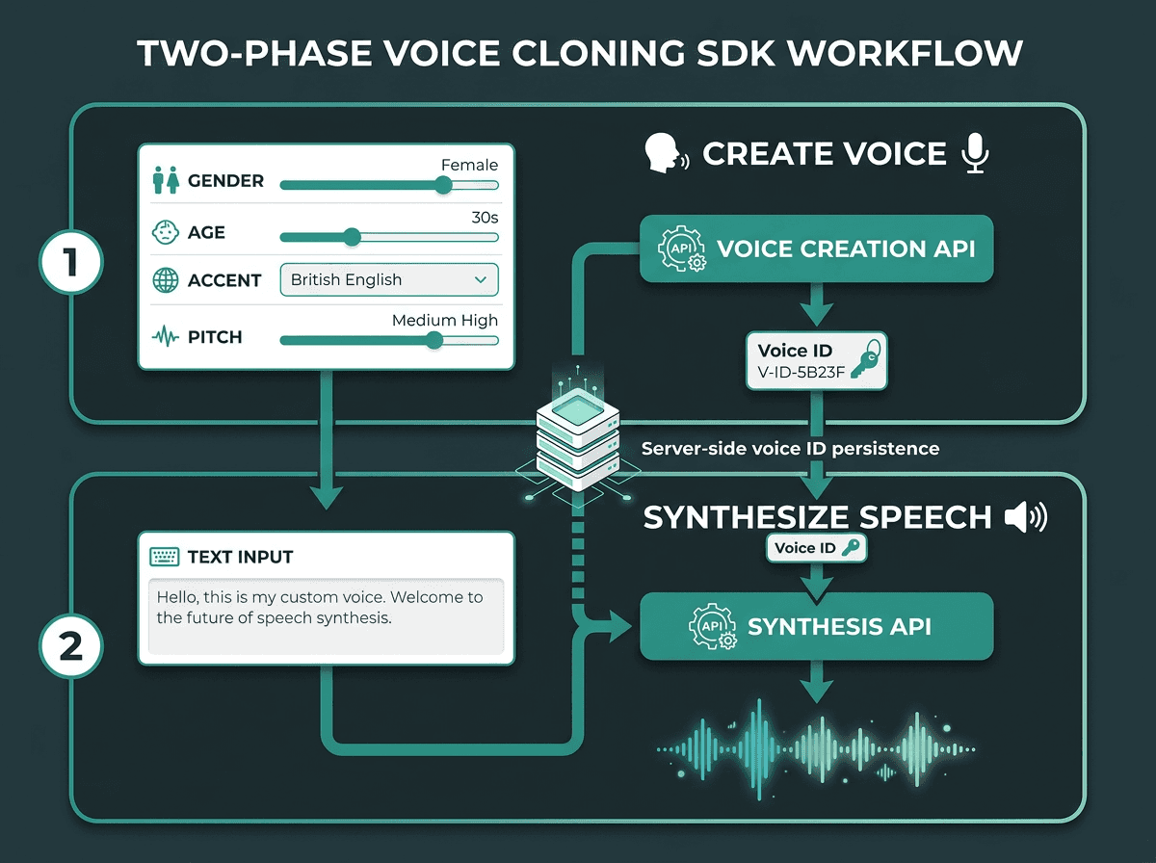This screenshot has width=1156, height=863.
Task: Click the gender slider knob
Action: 443,185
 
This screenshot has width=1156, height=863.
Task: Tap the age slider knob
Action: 352,237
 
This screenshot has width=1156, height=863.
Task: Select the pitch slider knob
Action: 433,340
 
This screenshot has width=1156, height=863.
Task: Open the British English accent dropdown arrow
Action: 481,279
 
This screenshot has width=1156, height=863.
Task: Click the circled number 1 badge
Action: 71,262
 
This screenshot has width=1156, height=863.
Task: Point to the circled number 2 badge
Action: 71,646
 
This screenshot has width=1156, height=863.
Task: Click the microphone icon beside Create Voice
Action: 975,153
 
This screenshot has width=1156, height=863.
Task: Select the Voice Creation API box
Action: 816,248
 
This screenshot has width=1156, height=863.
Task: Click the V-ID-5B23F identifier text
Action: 801,372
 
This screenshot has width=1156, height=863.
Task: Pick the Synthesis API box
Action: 816,626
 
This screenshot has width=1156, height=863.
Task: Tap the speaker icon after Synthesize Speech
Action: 1026,517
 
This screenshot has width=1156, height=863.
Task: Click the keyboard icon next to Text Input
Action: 165,557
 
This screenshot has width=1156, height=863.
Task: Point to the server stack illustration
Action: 578,439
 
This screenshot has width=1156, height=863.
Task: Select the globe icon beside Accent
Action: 166,280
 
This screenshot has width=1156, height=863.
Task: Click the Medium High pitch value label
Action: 445,320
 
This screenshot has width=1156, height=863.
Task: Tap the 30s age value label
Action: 485,218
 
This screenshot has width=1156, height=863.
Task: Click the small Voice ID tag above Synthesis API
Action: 816,548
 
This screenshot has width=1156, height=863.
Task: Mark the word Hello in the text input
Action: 177,597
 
